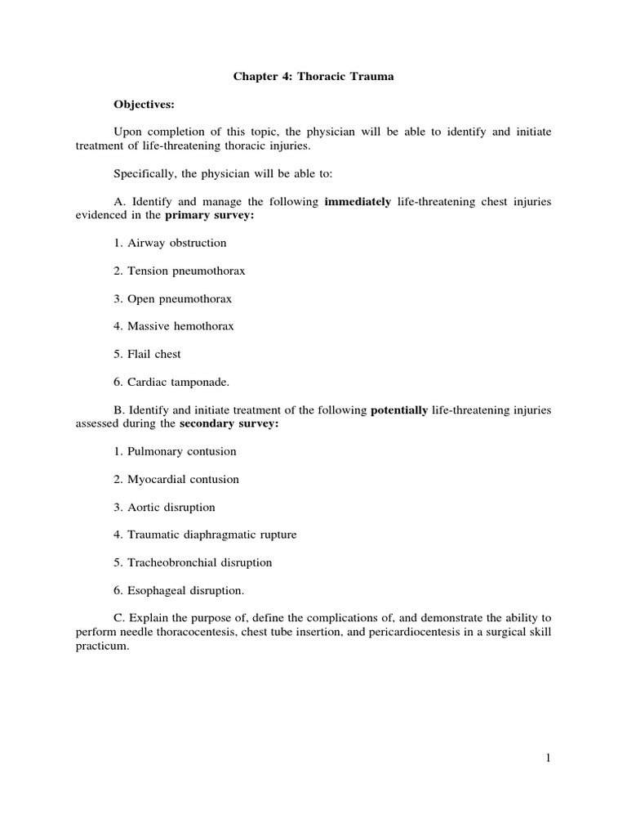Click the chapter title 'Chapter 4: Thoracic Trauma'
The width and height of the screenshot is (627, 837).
[x=314, y=76]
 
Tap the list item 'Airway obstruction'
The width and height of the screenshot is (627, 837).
[x=177, y=243]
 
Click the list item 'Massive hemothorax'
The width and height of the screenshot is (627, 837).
[x=180, y=326]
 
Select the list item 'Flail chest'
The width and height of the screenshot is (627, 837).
[x=154, y=354]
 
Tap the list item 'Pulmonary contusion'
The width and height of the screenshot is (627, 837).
[x=182, y=451]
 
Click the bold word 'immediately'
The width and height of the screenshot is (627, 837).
[x=358, y=201]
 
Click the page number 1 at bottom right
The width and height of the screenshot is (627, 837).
[x=549, y=758]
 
